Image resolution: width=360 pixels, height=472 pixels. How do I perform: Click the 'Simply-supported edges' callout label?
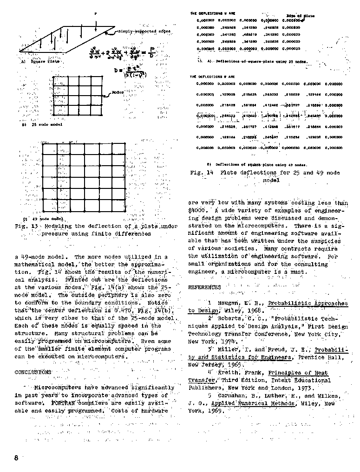click(144, 31)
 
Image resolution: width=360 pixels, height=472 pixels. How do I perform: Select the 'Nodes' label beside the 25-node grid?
click(118, 92)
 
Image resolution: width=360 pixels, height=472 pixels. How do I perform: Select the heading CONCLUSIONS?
click(33, 372)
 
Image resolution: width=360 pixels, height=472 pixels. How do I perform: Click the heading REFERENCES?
click(204, 287)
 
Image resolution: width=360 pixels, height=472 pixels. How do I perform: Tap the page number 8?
click(16, 458)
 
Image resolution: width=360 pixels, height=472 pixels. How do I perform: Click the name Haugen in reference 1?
click(227, 303)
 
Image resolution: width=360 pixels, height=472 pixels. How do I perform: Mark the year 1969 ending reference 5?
click(210, 411)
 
